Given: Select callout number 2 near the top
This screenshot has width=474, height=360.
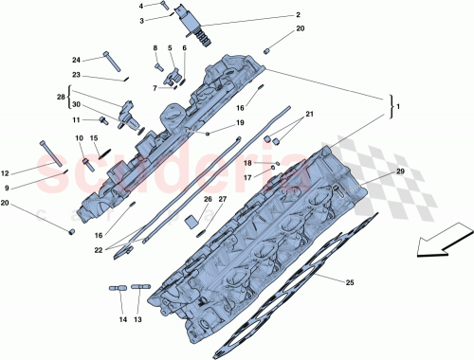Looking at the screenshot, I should pyautogui.click(x=270, y=15).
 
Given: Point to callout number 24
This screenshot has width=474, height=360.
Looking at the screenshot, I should pyautogui.click(x=77, y=60).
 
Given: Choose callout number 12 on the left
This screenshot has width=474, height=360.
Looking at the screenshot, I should pyautogui.click(x=5, y=173).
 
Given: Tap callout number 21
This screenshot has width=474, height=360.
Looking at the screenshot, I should pyautogui.click(x=307, y=114).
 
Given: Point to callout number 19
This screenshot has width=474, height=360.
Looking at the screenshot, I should pyautogui.click(x=241, y=123).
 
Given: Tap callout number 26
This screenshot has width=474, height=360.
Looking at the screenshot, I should pyautogui.click(x=208, y=200).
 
